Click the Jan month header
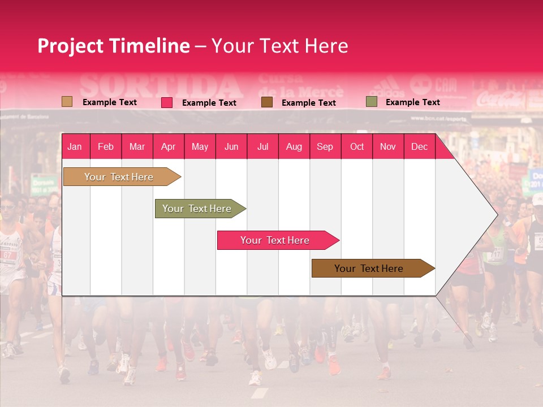click(75, 147)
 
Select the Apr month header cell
click(169, 147)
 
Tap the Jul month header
click(262, 147)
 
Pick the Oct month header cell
click(357, 147)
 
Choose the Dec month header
click(419, 147)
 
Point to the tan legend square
click(67, 102)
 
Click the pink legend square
click(167, 102)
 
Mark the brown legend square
click(267, 102)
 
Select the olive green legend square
click(371, 102)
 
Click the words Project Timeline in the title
click(114, 46)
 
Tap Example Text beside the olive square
click(412, 102)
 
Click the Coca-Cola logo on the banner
click(500, 99)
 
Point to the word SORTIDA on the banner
click(161, 86)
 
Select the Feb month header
click(106, 147)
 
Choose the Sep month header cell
click(325, 147)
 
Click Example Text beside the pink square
click(209, 103)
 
